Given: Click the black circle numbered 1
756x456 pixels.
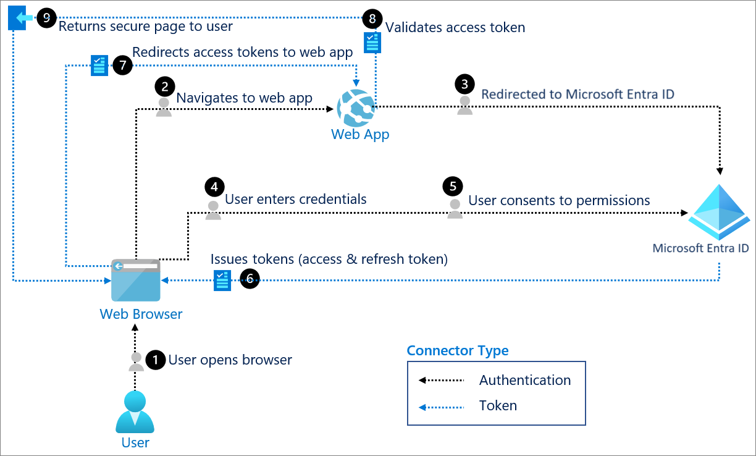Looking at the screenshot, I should tap(155, 360).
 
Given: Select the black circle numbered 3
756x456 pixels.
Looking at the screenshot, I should tap(464, 83).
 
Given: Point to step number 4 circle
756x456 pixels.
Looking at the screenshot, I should tap(214, 187).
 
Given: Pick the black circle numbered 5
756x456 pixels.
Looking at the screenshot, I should tap(453, 187).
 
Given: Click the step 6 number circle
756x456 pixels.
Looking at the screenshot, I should tap(250, 280).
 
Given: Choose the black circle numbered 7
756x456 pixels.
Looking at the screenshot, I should tap(122, 65).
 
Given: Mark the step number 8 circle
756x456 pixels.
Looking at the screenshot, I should tap(371, 19).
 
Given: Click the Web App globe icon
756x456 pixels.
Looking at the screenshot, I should tap(356, 108).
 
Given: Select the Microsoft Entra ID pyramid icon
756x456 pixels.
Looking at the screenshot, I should tap(720, 211).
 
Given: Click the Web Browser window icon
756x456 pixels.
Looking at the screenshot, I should tap(135, 280).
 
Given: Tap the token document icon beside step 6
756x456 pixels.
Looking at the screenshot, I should tap(222, 280).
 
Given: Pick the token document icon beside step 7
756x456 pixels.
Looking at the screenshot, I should tap(99, 65).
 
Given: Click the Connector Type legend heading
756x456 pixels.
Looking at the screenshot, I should tap(458, 351).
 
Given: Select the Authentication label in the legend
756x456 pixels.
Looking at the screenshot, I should tap(525, 380).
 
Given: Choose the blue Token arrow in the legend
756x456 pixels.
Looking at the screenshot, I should tap(441, 407).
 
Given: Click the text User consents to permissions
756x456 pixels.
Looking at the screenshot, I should tap(559, 200).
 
